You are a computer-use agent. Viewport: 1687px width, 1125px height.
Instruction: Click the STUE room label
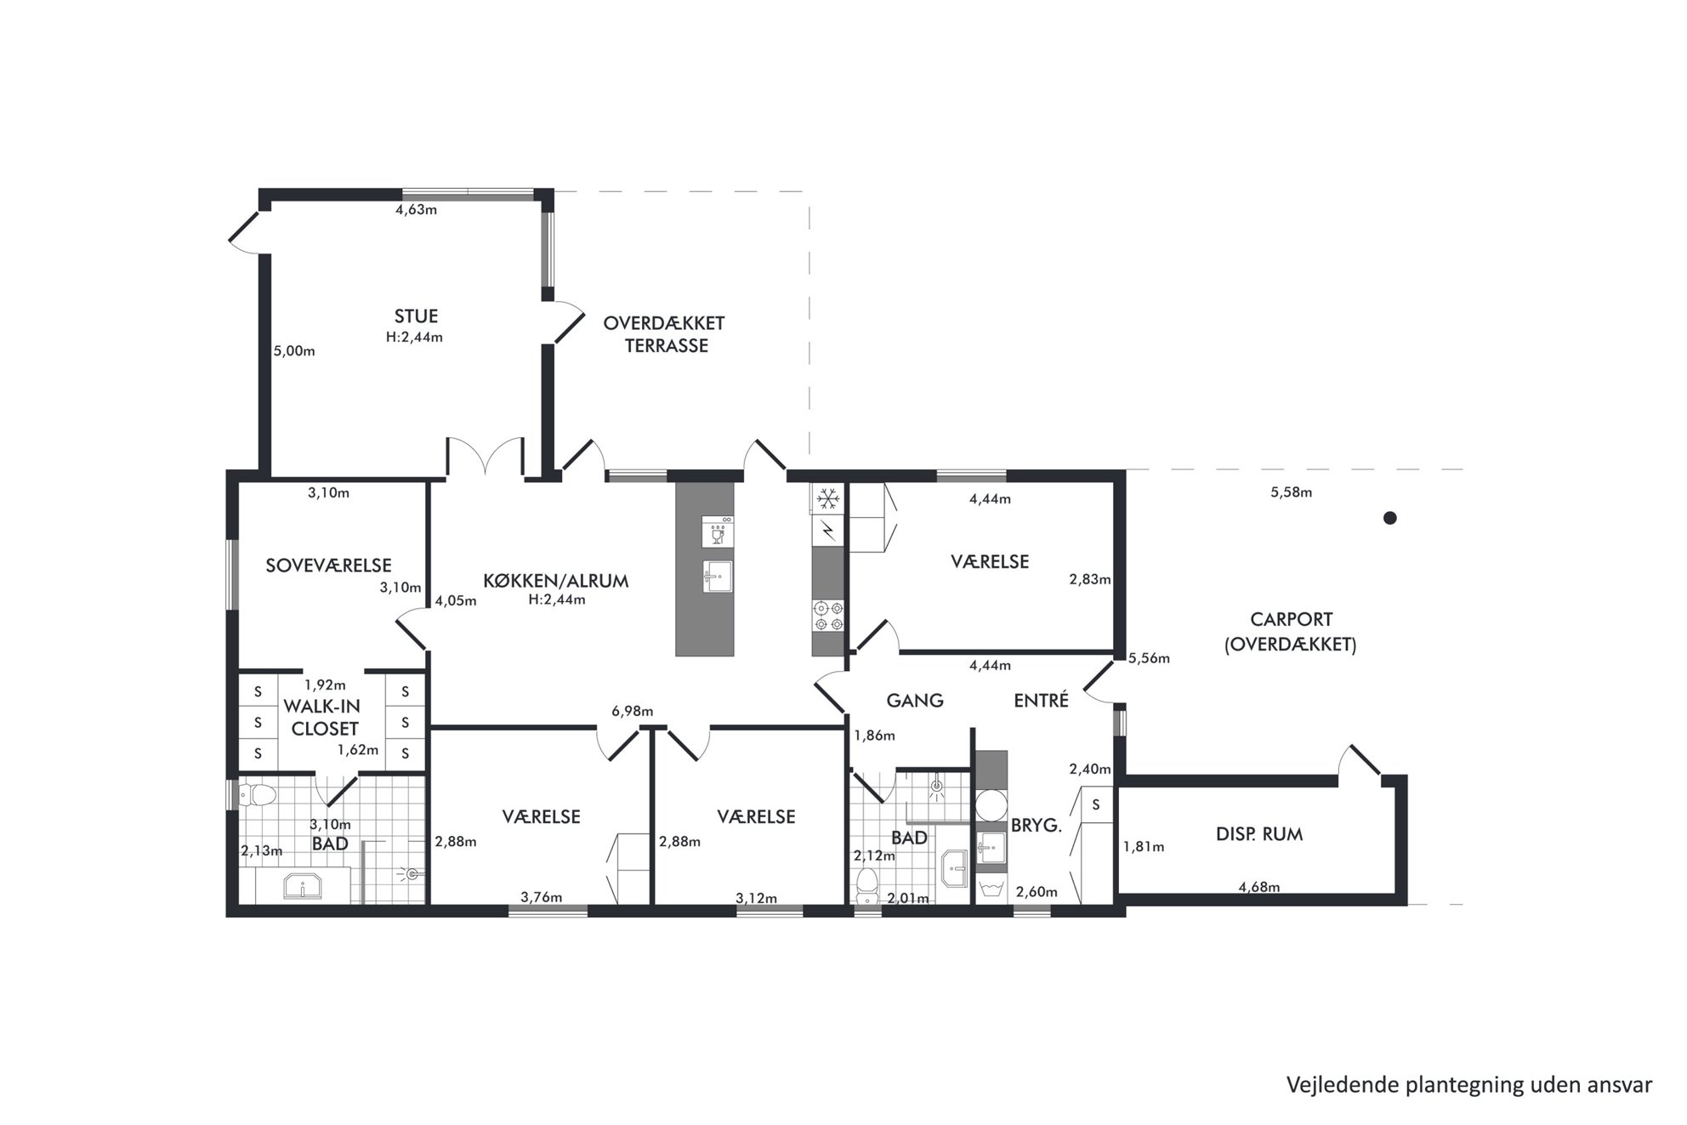pos(416,316)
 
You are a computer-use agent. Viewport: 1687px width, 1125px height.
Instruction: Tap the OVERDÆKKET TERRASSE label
pos(664,334)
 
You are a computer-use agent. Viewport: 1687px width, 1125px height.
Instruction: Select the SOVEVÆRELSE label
pos(328,565)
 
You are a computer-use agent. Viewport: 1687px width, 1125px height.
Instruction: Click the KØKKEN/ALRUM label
pos(555,581)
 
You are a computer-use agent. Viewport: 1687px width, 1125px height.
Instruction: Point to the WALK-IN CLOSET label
pos(322,717)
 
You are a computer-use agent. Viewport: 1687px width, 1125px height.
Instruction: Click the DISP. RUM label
pos(1259,834)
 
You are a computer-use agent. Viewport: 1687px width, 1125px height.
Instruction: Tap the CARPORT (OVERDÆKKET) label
pos(1290,632)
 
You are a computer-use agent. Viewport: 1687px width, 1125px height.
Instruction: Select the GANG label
pos(915,701)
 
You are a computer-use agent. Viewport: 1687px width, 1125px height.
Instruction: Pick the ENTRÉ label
pos(1041,700)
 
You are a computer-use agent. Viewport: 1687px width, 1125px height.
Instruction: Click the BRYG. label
pos(1036,825)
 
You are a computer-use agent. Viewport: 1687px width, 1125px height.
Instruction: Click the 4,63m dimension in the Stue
pos(417,209)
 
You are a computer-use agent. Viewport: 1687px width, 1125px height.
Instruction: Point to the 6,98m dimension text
pos(633,711)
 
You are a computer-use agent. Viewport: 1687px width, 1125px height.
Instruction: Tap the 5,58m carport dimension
pos(1291,491)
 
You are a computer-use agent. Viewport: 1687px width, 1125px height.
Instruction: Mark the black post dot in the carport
pos(1389,517)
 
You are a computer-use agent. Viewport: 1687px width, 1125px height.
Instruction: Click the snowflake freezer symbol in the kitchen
pos(827,499)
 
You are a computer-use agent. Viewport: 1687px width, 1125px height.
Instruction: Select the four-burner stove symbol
pos(828,616)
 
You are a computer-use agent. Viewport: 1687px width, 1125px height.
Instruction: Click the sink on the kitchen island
pos(718,577)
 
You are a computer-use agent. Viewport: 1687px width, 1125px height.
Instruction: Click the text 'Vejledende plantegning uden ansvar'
pos(1469,1084)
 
